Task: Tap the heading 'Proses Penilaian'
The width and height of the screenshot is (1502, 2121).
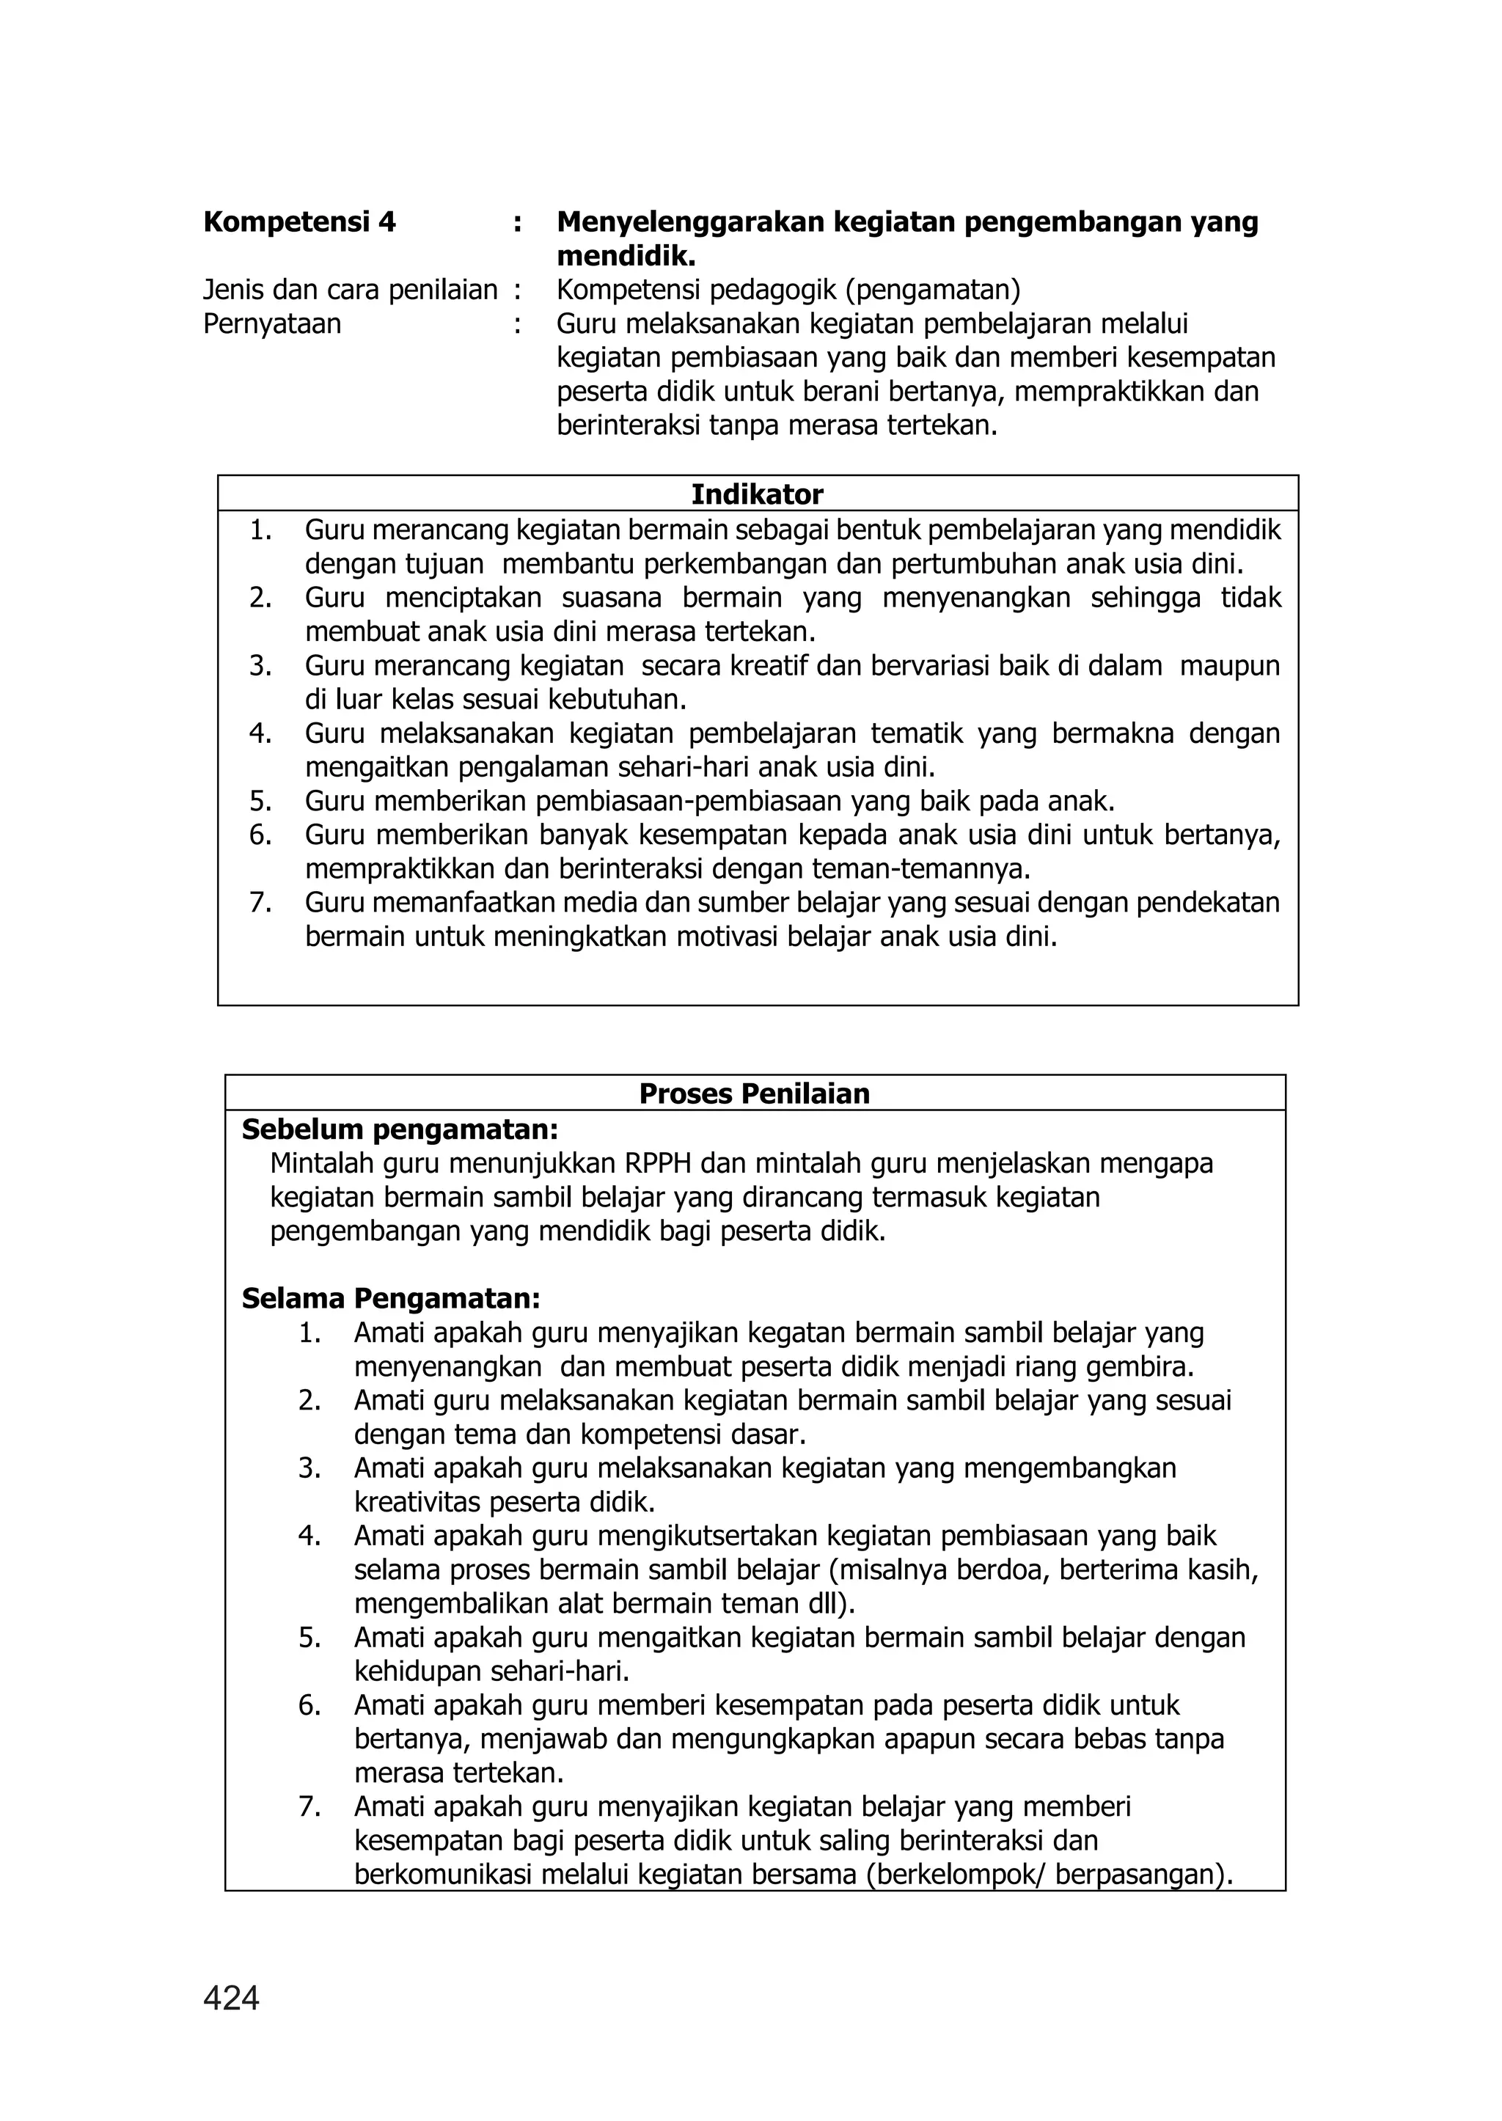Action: pos(754,1094)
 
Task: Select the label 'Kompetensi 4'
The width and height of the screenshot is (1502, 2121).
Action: pos(298,222)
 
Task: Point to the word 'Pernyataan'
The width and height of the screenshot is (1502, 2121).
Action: pos(272,323)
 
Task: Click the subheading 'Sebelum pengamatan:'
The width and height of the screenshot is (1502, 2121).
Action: pos(400,1129)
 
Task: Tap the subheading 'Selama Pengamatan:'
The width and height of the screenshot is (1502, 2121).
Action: pos(390,1298)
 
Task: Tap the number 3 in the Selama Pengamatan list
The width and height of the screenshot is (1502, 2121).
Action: pos(309,1468)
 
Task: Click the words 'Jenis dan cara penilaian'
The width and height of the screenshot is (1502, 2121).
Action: pos(350,290)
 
